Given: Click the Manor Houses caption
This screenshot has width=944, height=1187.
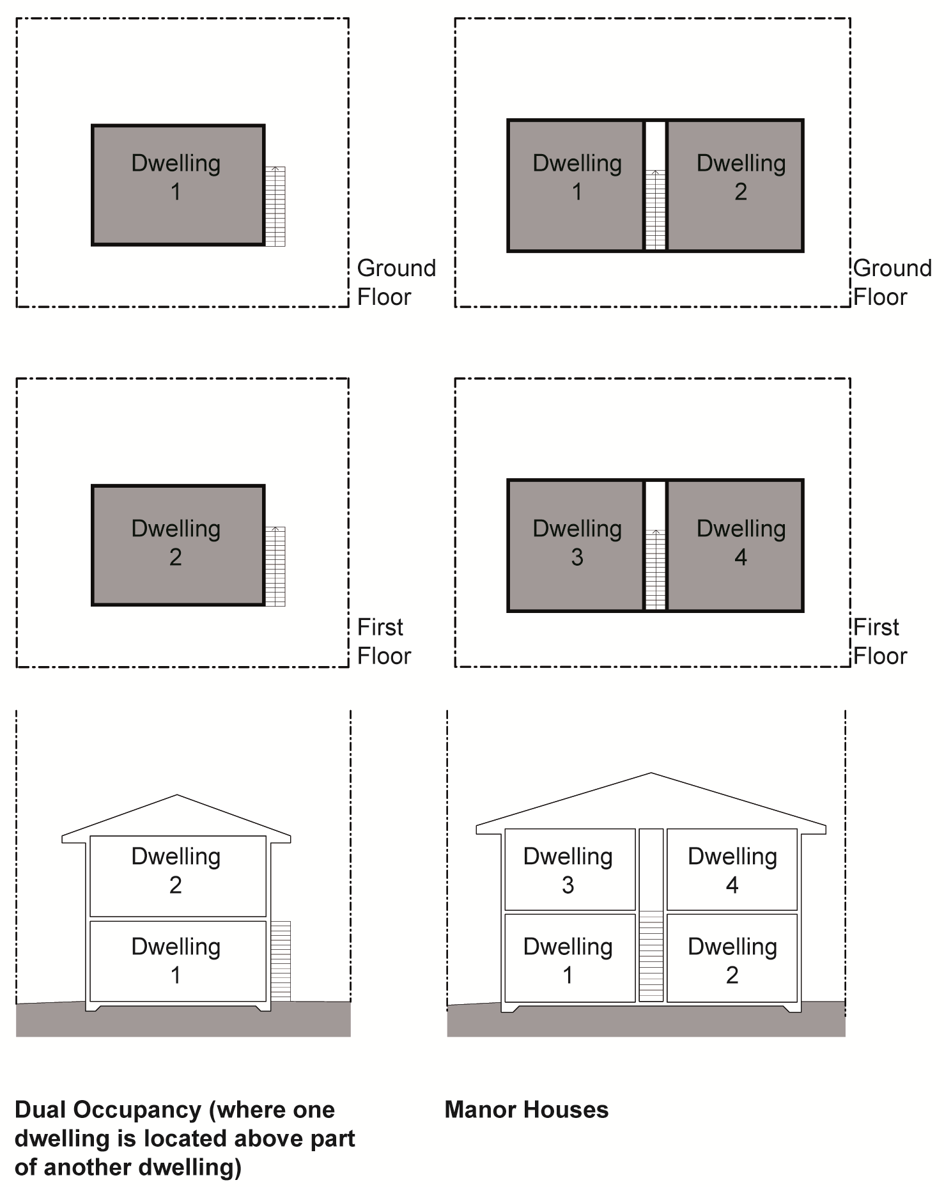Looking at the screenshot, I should pyautogui.click(x=526, y=1110).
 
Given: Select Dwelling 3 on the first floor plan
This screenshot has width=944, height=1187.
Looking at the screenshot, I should pyautogui.click(x=576, y=543).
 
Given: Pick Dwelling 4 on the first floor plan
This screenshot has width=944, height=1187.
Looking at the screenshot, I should pyautogui.click(x=740, y=543).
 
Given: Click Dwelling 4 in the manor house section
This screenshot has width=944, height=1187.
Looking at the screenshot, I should pyautogui.click(x=732, y=870).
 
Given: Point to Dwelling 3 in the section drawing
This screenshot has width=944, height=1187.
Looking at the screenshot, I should pyautogui.click(x=568, y=870).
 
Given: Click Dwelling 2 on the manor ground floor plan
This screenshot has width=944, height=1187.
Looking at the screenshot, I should pyautogui.click(x=740, y=178).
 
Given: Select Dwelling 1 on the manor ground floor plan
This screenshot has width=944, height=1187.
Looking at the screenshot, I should pyautogui.click(x=576, y=178).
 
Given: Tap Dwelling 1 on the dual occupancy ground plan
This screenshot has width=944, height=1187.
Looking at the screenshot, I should pyautogui.click(x=176, y=178).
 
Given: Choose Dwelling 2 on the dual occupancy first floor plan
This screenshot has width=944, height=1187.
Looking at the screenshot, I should pyautogui.click(x=176, y=543).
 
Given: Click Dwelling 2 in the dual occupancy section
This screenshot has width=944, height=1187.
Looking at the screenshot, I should pyautogui.click(x=176, y=870).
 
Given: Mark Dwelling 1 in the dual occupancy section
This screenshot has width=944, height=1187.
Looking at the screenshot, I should pyautogui.click(x=176, y=961).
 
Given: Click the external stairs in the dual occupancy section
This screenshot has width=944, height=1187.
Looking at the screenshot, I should pyautogui.click(x=281, y=961).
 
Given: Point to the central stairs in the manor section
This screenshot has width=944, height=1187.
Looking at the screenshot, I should pyautogui.click(x=651, y=956).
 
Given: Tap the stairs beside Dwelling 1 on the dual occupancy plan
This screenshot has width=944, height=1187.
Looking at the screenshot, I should pyautogui.click(x=275, y=206).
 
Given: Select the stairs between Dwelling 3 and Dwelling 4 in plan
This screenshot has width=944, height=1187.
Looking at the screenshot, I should pyautogui.click(x=655, y=569).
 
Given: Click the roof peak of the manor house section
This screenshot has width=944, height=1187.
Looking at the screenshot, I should pyautogui.click(x=651, y=774).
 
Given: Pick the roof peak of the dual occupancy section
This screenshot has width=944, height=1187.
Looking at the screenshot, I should pyautogui.click(x=177, y=796).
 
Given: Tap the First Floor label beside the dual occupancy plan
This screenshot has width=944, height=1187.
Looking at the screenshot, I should pyautogui.click(x=383, y=641).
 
